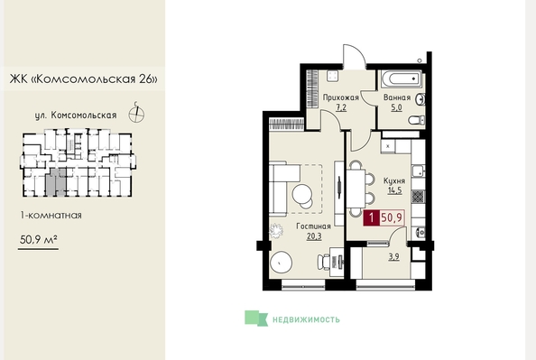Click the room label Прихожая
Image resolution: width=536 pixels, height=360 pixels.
tap(341, 97)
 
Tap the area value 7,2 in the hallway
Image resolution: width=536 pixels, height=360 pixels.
tap(341, 107)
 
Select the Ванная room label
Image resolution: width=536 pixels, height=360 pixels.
tap(397, 97)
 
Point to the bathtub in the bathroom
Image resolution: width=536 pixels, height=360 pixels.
tap(401, 79)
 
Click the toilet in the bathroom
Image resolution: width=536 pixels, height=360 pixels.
tap(417, 120)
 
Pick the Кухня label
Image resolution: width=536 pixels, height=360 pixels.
tap(394, 180)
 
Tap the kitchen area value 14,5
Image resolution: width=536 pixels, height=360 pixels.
tap(394, 190)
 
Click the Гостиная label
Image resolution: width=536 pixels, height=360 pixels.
tap(313, 226)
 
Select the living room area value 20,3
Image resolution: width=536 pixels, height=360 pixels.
tap(314, 236)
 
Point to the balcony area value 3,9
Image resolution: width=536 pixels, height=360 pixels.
tap(393, 257)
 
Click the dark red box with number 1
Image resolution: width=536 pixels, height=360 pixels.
tap(371, 217)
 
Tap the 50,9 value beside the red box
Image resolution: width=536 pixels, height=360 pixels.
tap(392, 217)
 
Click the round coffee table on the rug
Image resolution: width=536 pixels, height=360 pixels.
tap(302, 195)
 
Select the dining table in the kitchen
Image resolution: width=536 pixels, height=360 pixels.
tap(356, 189)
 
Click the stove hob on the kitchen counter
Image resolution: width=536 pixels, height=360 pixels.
tap(418, 197)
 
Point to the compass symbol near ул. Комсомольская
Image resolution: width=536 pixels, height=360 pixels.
tap(136, 114)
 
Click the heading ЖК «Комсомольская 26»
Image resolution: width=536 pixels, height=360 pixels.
tap(84, 79)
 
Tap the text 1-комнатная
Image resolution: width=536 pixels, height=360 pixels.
tap(51, 216)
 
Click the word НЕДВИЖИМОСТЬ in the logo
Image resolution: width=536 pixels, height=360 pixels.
tap(306, 319)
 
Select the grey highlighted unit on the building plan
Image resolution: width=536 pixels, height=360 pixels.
tap(56, 182)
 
